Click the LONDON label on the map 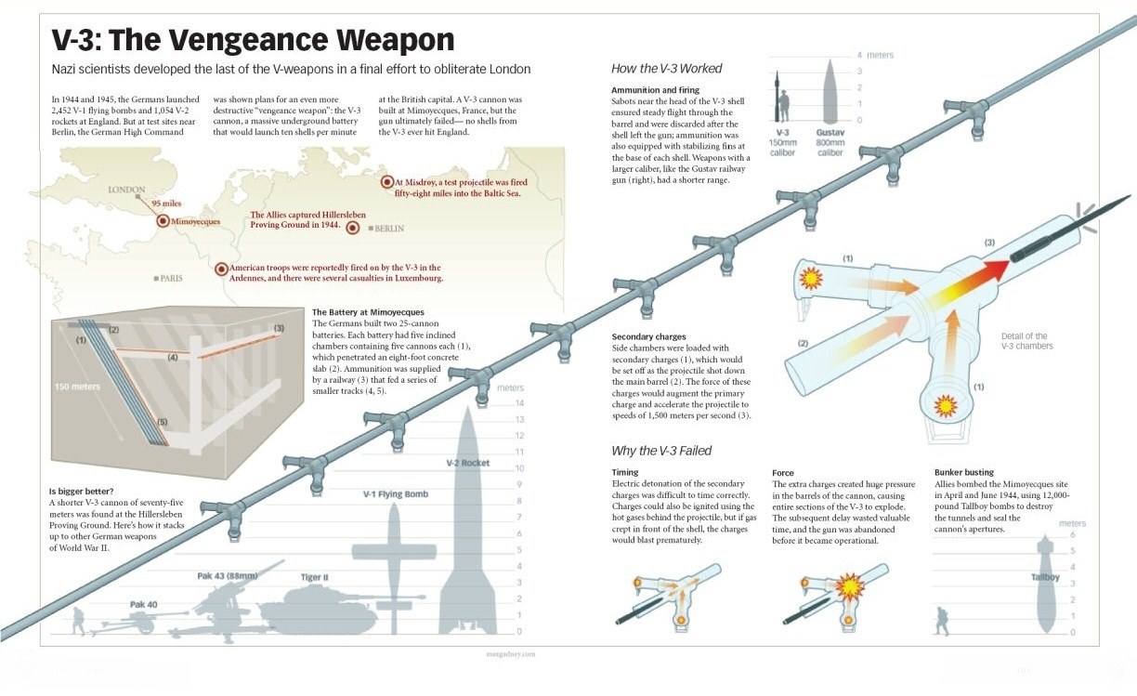[x=126, y=190]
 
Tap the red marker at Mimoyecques [x=163, y=221]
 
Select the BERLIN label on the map [x=389, y=229]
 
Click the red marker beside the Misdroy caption [x=387, y=182]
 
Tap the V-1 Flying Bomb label [x=396, y=494]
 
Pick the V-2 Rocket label [x=468, y=463]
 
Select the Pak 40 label [x=144, y=605]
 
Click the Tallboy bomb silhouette [x=1046, y=584]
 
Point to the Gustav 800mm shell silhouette [x=830, y=91]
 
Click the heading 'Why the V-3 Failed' [x=661, y=451]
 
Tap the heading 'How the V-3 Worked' [x=666, y=69]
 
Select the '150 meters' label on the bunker [x=78, y=387]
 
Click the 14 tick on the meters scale [x=519, y=403]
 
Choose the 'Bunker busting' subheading [x=964, y=472]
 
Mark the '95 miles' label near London [x=166, y=204]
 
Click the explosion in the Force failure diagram [x=849, y=587]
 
